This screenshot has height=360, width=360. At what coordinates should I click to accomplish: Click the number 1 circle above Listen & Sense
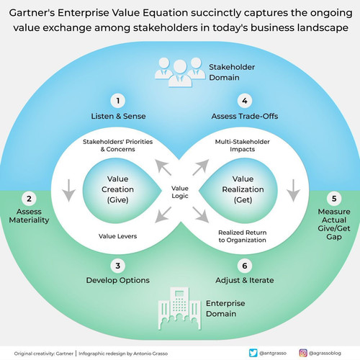click(x=118, y=101)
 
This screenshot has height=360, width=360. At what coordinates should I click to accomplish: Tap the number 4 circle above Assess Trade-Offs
click(x=245, y=101)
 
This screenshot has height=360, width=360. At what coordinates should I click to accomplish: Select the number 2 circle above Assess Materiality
click(x=29, y=199)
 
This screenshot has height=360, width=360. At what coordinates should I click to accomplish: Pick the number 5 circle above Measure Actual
click(x=334, y=199)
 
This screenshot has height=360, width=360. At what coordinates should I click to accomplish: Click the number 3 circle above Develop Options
click(x=118, y=266)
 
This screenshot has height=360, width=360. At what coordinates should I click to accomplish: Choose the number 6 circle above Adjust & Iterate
click(x=245, y=266)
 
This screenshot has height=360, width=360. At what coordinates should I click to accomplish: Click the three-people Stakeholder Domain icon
click(x=180, y=72)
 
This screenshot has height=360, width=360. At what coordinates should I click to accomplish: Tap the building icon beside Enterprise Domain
click(x=179, y=309)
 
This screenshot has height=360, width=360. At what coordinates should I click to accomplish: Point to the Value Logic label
click(x=180, y=192)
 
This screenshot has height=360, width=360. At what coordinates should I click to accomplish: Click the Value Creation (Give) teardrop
click(x=120, y=191)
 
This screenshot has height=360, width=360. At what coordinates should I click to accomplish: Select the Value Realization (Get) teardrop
click(x=240, y=191)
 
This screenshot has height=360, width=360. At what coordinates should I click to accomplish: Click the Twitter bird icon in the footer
click(x=253, y=353)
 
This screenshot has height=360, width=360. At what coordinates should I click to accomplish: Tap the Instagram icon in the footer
click(x=303, y=353)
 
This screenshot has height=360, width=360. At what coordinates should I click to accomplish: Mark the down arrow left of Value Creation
click(x=69, y=191)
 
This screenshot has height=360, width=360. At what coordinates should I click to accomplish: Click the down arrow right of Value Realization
click(x=293, y=191)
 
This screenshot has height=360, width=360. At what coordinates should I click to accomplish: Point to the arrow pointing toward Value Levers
click(x=163, y=215)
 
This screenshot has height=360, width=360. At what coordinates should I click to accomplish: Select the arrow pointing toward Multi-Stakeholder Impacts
click(x=201, y=168)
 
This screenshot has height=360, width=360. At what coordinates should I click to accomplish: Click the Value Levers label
click(x=117, y=236)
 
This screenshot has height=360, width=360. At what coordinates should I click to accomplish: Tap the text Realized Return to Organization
click(x=243, y=236)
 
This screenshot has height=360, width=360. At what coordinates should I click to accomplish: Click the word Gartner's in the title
click(x=32, y=13)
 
